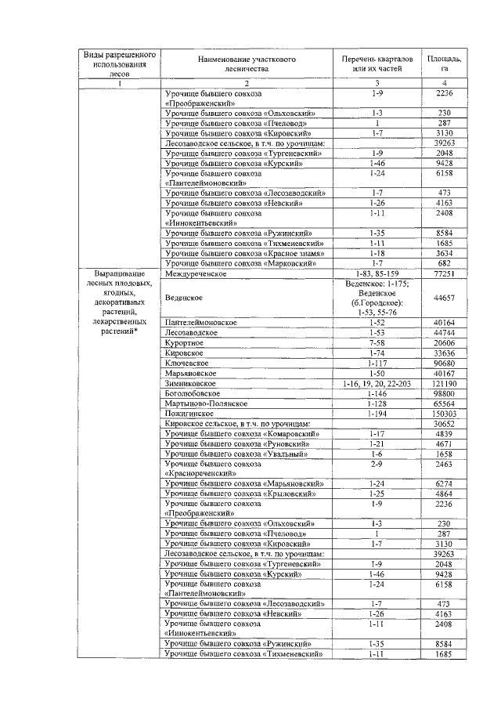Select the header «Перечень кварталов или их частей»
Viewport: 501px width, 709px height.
tap(377, 63)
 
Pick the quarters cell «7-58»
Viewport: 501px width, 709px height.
tap(377, 343)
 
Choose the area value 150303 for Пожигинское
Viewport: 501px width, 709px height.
tap(444, 413)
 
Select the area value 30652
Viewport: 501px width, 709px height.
tap(444, 423)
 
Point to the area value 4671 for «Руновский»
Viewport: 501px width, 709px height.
tap(444, 443)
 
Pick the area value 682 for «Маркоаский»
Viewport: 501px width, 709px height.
tap(444, 263)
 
